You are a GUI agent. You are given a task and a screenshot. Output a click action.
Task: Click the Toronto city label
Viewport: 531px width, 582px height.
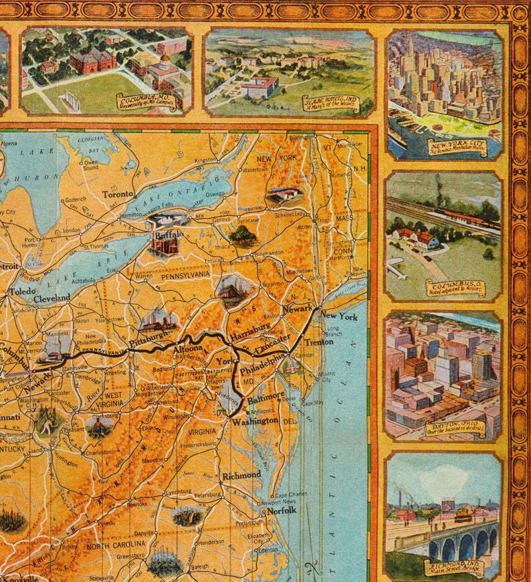click(119, 195)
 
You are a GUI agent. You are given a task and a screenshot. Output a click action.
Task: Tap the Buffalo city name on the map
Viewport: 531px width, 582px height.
click(169, 235)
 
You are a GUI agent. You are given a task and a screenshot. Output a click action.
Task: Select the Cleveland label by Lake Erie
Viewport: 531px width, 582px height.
click(52, 298)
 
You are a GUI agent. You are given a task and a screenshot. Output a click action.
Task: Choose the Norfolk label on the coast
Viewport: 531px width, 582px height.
click(281, 510)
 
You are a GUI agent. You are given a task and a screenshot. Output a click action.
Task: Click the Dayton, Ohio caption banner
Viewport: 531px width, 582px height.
click(455, 428)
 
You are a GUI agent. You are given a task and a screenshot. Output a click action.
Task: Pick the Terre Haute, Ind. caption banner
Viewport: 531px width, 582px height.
click(330, 104)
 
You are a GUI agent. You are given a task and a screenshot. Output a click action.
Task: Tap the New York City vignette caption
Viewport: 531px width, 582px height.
click(458, 148)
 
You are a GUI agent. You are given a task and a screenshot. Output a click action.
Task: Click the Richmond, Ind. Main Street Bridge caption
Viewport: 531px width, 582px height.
click(455, 568)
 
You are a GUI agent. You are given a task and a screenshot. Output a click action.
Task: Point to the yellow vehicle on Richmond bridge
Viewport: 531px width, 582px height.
click(463, 514)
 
